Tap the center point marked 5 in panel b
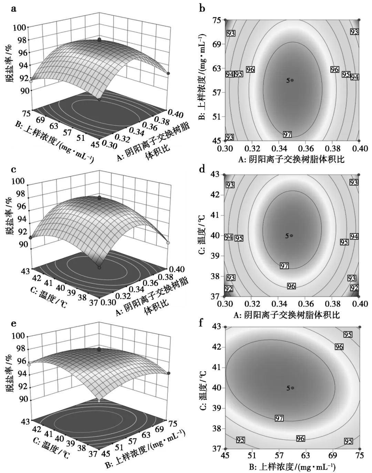click(292, 80)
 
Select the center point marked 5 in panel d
click(291, 236)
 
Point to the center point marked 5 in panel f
click(292, 388)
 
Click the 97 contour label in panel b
click(287, 134)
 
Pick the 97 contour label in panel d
click(284, 266)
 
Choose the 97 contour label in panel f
click(279, 418)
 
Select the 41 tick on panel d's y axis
click(216, 216)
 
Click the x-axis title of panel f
click(292, 467)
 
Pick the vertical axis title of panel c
click(10, 219)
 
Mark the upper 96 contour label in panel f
click(339, 347)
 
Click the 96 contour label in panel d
click(291, 286)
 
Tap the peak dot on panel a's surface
click(100, 40)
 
